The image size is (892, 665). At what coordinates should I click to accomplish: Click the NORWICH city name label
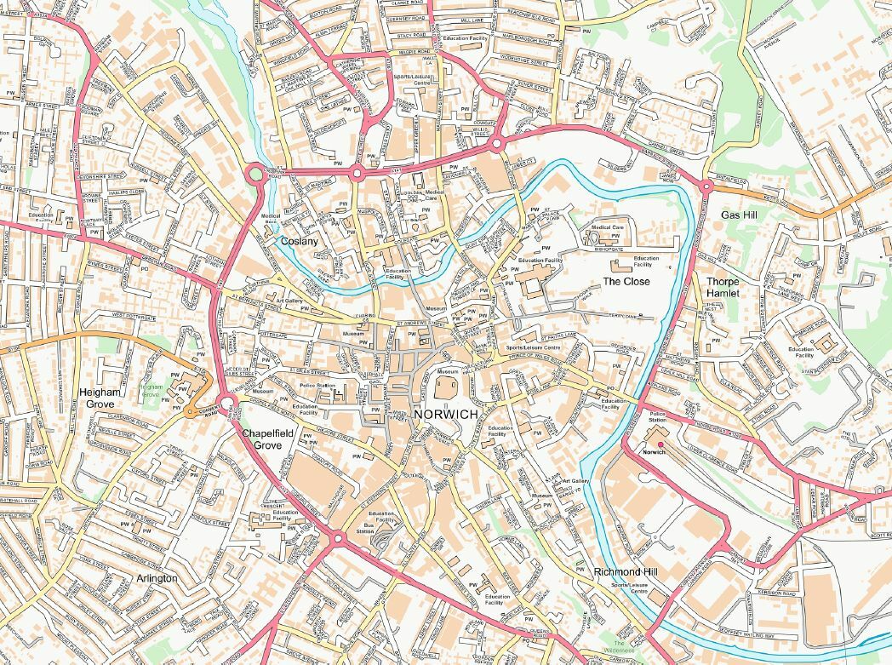(x=446, y=414)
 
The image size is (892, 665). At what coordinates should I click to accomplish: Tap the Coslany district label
(x=300, y=242)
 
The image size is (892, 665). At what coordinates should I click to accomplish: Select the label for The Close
(x=626, y=281)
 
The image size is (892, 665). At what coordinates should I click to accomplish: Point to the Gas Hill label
(x=739, y=215)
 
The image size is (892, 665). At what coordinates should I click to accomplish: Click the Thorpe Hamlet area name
(x=723, y=287)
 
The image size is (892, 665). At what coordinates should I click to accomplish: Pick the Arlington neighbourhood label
(x=157, y=578)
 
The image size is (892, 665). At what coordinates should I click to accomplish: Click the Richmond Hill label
(x=626, y=571)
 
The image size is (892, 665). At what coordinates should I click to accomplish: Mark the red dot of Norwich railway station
(x=660, y=444)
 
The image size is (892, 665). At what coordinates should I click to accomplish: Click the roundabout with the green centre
(x=254, y=175)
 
